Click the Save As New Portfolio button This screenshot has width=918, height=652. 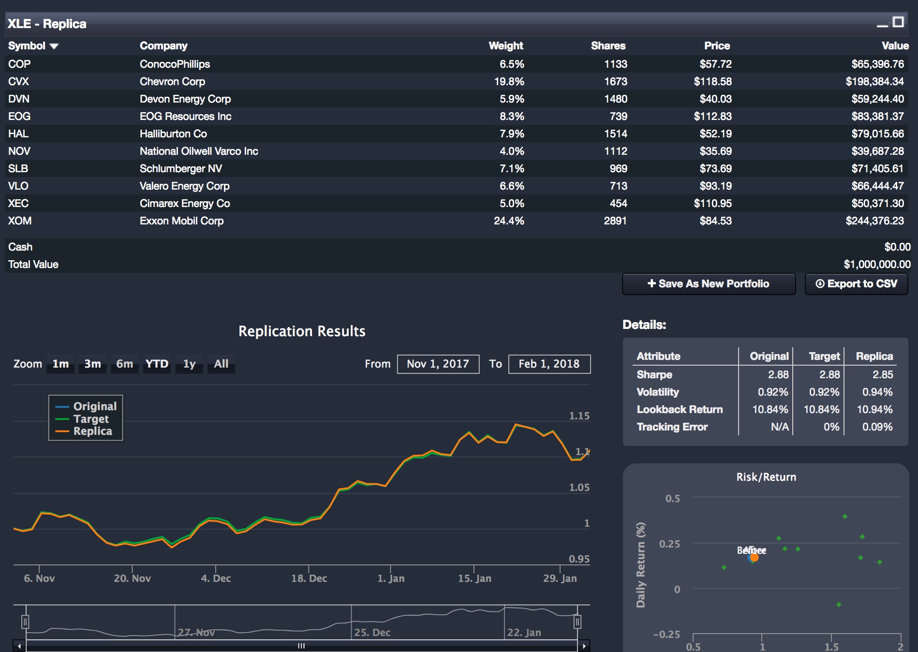click(x=709, y=284)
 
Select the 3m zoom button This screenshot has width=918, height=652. click(x=92, y=364)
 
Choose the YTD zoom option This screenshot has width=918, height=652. click(x=157, y=364)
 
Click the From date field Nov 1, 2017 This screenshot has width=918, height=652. click(x=438, y=364)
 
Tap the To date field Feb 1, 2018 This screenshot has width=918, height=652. click(x=549, y=364)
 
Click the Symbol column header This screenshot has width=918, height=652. click(x=27, y=46)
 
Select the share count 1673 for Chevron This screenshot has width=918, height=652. click(x=615, y=82)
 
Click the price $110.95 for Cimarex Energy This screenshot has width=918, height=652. click(x=712, y=204)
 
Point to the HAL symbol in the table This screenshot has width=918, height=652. click(x=18, y=134)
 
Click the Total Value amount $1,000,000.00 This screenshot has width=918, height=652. click(x=876, y=265)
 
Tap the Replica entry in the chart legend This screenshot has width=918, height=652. click(x=92, y=431)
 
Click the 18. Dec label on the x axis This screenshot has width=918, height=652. click(x=309, y=578)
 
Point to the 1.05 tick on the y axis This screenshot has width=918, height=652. click(x=579, y=488)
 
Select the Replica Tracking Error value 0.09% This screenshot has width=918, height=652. click(x=877, y=427)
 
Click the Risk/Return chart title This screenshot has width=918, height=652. click(x=766, y=477)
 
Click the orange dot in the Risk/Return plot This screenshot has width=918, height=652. click(x=754, y=558)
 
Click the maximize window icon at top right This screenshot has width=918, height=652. click(x=898, y=22)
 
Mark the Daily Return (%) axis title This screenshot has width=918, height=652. click(x=641, y=564)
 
